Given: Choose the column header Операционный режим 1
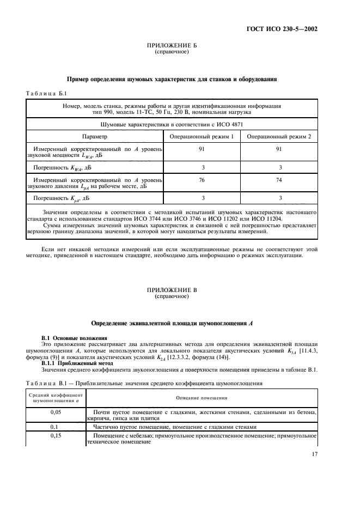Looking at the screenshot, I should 202,136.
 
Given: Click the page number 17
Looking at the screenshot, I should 315,454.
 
